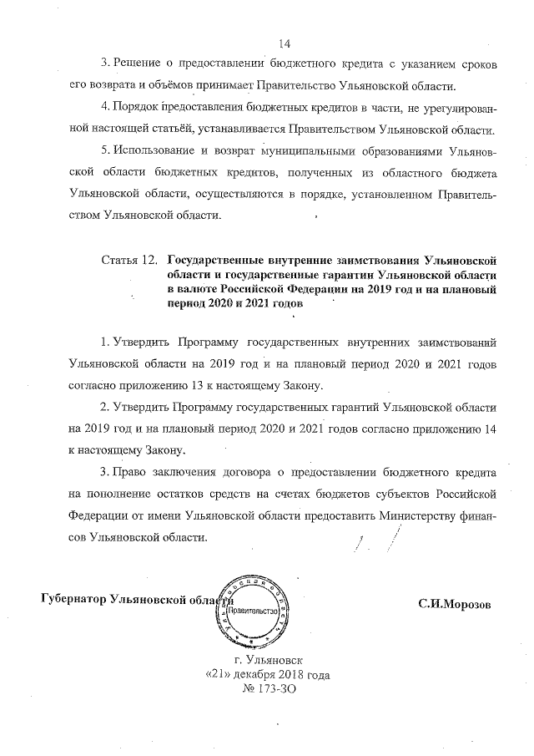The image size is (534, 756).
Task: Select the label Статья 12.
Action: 128,260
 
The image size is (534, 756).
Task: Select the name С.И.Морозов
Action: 455,604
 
